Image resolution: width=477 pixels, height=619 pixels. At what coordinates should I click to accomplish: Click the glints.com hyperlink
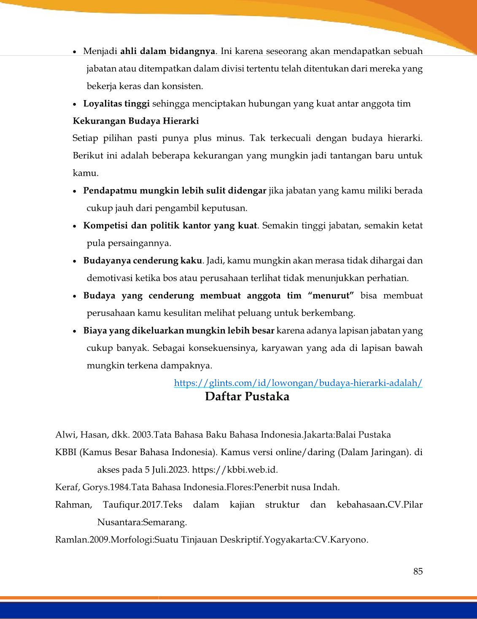tap(298, 383)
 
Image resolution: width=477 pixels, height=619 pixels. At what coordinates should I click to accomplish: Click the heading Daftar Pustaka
tap(247, 396)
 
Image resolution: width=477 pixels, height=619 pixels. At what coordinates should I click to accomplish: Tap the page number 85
tap(418, 571)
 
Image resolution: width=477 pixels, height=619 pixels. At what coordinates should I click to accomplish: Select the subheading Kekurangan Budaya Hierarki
tap(136, 121)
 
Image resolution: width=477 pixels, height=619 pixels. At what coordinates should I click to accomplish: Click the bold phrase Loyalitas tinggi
tap(116, 104)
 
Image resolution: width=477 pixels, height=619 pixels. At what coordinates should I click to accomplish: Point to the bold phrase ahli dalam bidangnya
tap(168, 52)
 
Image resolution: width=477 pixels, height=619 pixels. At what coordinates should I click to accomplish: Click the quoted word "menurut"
tap(331, 296)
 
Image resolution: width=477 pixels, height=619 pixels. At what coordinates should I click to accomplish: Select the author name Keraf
tap(67, 487)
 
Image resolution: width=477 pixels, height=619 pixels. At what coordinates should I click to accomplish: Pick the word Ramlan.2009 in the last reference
tap(82, 540)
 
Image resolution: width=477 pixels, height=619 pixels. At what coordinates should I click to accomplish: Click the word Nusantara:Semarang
tap(142, 522)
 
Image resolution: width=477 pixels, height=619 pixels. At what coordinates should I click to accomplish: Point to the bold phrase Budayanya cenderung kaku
tap(143, 261)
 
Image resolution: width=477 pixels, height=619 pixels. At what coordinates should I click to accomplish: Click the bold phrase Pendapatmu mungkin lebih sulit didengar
tap(175, 191)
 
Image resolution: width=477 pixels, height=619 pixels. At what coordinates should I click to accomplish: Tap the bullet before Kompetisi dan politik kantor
tap(75, 226)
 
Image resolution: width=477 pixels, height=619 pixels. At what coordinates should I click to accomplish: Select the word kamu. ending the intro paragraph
tap(85, 173)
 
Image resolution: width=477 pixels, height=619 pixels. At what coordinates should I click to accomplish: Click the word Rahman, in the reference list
tap(73, 505)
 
